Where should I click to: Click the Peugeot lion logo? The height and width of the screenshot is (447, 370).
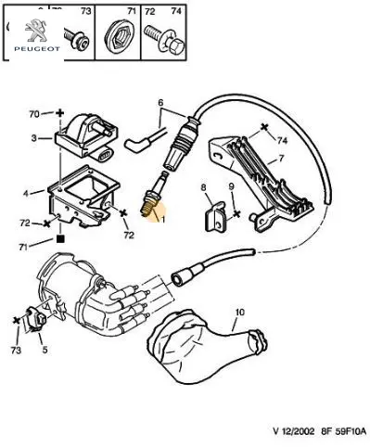click(x=37, y=31)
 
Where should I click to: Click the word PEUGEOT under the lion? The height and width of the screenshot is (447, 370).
click(x=37, y=49)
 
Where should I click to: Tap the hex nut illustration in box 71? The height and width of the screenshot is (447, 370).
click(x=118, y=37)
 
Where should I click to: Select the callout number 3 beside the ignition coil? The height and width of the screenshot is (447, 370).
click(x=34, y=138)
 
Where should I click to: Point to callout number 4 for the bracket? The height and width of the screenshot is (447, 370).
click(x=26, y=194)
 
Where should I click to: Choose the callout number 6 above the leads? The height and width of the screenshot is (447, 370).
click(x=160, y=102)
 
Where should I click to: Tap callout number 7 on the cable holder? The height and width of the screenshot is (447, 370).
click(x=281, y=159)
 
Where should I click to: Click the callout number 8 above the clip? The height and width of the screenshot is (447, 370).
click(x=203, y=187)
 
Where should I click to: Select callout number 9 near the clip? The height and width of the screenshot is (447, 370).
click(x=232, y=186)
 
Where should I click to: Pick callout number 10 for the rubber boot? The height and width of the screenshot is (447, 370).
click(x=239, y=313)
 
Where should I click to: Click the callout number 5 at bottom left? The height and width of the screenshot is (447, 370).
click(x=45, y=350)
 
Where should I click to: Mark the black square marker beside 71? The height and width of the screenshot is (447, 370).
click(x=60, y=238)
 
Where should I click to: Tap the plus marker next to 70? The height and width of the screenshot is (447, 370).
click(x=59, y=113)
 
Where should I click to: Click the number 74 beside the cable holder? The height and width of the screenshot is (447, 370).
click(x=282, y=141)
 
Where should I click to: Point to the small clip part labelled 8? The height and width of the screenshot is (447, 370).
click(x=216, y=216)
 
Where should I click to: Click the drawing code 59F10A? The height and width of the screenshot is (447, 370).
click(x=348, y=431)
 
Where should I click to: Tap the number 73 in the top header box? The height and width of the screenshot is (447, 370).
click(x=86, y=11)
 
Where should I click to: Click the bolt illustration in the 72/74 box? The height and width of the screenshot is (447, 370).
click(x=164, y=40)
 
